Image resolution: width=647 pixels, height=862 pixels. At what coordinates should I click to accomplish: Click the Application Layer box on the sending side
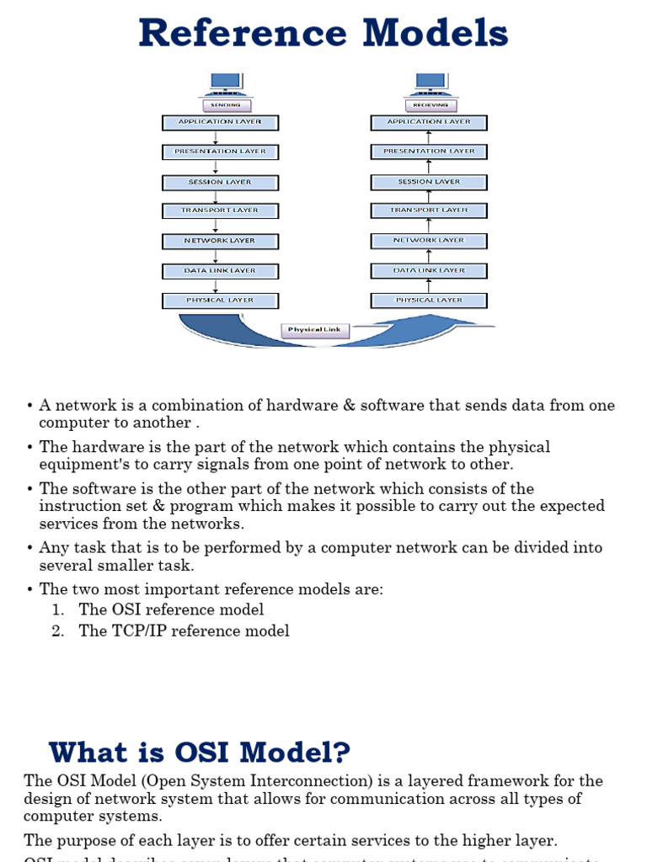(x=220, y=122)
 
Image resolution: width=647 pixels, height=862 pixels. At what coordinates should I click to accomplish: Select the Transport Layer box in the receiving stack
(x=429, y=210)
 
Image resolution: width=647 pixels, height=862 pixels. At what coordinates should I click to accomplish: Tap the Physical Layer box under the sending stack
(x=220, y=300)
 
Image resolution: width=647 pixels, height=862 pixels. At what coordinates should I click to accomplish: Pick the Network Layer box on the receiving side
(x=429, y=241)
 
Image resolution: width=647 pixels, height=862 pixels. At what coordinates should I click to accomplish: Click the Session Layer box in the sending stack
(x=220, y=182)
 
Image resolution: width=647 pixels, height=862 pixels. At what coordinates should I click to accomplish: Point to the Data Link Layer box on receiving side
(x=429, y=270)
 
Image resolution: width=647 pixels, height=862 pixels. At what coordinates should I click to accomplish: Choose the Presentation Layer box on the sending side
(x=220, y=152)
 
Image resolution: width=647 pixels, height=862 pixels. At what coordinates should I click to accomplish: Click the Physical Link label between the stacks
(x=315, y=330)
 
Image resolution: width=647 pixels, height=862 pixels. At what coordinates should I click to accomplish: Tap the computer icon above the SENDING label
(x=225, y=83)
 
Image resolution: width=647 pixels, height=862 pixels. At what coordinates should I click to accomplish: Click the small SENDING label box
(x=225, y=105)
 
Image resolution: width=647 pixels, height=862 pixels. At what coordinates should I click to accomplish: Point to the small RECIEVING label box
(x=430, y=105)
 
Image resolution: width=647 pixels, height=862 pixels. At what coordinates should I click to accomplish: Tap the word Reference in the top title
(x=243, y=34)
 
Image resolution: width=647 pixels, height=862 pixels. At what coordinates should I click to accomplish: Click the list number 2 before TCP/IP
(x=57, y=631)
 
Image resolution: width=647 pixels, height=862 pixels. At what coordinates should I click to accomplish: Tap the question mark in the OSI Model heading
(x=340, y=752)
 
